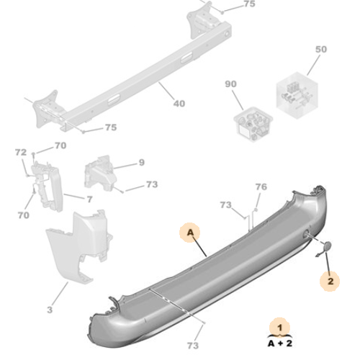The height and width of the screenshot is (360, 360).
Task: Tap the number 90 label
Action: coord(232,85)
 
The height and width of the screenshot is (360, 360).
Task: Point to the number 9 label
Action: coord(141,162)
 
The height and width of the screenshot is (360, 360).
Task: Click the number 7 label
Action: coord(89,199)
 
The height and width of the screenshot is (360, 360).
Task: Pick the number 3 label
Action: coord(50,310)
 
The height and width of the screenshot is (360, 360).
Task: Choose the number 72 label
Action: coord(20,153)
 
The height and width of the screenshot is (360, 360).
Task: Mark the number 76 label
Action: coord(261,187)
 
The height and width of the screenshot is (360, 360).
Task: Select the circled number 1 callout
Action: coord(277,328)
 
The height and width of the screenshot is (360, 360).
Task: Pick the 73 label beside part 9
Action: coord(151,185)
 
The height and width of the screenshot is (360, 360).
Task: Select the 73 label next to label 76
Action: coord(225,205)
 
